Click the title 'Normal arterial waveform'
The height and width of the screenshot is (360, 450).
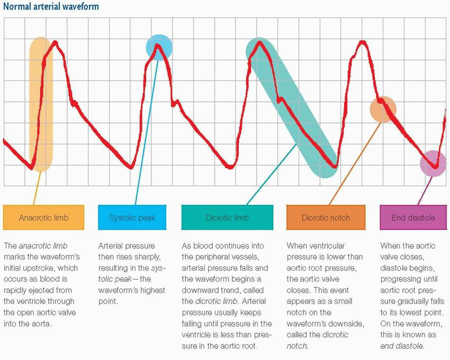[x=51, y=7]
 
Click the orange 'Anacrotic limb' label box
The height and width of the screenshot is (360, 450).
[x=43, y=218]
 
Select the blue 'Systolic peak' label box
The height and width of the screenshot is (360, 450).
[x=132, y=218]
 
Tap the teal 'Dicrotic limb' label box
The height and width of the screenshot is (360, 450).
[x=227, y=218]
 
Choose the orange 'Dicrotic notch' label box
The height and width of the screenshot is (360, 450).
[x=326, y=218]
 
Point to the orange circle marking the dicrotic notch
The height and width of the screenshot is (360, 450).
[x=383, y=109]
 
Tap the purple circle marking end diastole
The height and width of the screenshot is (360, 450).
[x=433, y=164]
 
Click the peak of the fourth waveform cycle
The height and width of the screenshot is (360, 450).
[x=362, y=42]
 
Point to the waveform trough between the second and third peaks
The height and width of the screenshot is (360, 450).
[x=229, y=167]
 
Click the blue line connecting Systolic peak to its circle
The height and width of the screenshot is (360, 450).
[x=147, y=132]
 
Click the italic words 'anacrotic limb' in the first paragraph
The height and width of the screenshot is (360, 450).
[x=44, y=246]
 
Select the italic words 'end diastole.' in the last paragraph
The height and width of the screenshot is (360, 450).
[x=401, y=346]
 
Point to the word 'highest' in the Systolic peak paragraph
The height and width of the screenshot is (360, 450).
[x=152, y=290]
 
